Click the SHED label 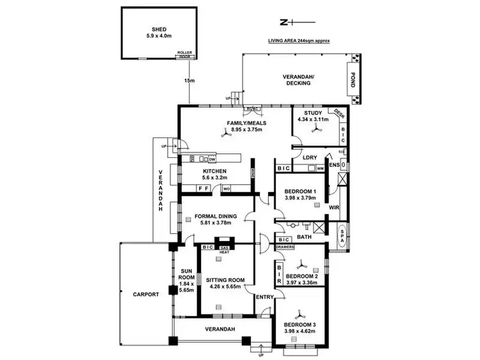pyautogui.click(x=159, y=29)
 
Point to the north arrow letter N pyautogui.click(x=284, y=22)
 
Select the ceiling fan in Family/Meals pyautogui.click(x=225, y=134)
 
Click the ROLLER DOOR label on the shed pyautogui.click(x=184, y=54)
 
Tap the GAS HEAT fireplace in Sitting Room pyautogui.click(x=225, y=249)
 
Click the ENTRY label pyautogui.click(x=264, y=297)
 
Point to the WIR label pyautogui.click(x=333, y=208)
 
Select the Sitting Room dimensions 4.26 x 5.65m pyautogui.click(x=225, y=286)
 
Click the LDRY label pyautogui.click(x=310, y=157)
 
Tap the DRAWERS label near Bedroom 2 pyautogui.click(x=285, y=247)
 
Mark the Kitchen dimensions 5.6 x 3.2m pyautogui.click(x=216, y=178)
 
